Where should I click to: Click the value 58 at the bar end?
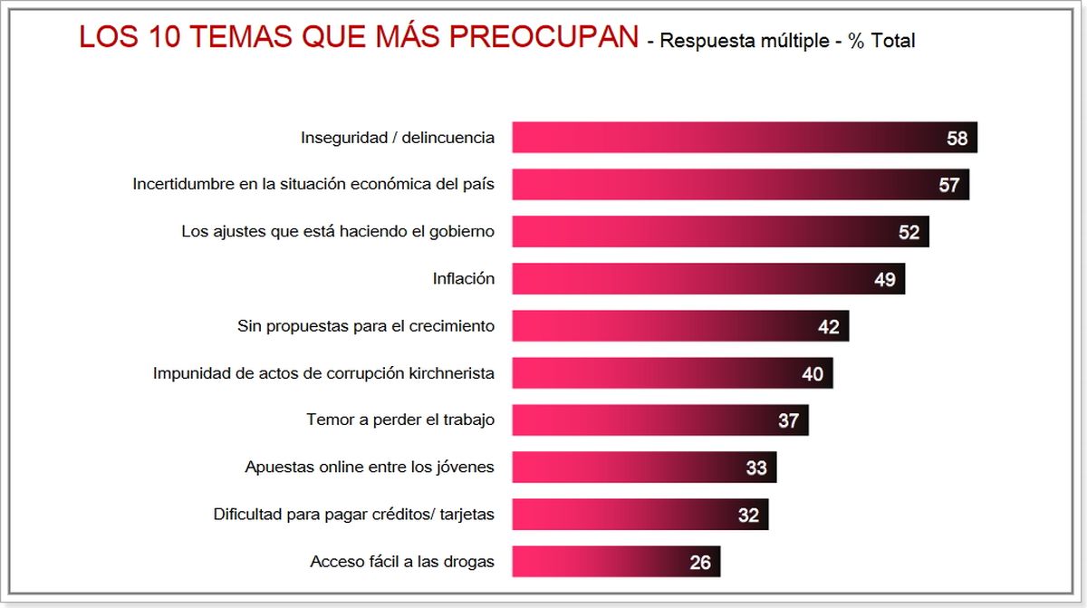pyautogui.click(x=957, y=139)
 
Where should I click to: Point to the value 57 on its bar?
pyautogui.click(x=949, y=186)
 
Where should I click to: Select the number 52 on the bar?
pyautogui.click(x=909, y=233)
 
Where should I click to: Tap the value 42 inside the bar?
pyautogui.click(x=829, y=327)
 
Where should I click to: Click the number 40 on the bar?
pyautogui.click(x=813, y=374)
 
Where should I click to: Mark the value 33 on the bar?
pyautogui.click(x=756, y=468)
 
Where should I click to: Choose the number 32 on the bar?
pyautogui.click(x=748, y=516)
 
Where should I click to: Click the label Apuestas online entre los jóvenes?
pyautogui.click(x=370, y=468)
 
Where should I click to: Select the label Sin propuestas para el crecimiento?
pyautogui.click(x=366, y=326)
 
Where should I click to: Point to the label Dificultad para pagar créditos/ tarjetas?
pyautogui.click(x=354, y=515)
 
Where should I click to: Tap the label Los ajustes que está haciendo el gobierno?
pyautogui.click(x=338, y=232)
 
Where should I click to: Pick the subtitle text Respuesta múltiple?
pyautogui.click(x=744, y=42)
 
